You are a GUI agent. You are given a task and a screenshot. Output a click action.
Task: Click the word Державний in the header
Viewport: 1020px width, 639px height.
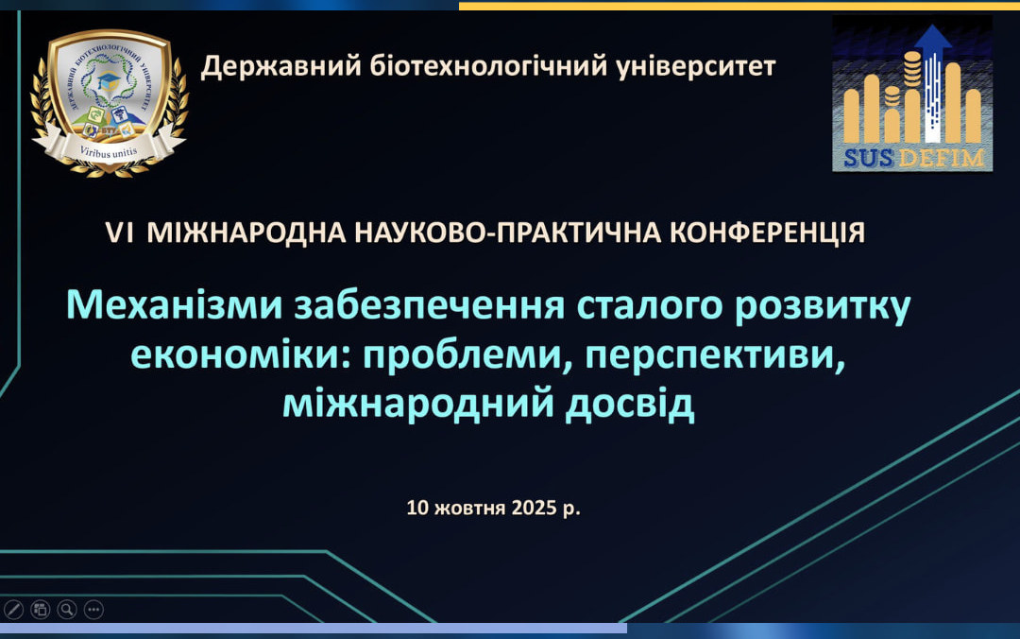pos(280,66)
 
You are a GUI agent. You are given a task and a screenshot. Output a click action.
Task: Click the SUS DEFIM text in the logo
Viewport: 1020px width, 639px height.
pos(913,158)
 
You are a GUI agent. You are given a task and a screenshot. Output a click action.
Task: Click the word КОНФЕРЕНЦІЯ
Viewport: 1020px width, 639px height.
pos(768,233)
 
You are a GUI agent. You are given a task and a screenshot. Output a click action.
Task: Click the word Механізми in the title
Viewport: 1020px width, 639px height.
pos(175,305)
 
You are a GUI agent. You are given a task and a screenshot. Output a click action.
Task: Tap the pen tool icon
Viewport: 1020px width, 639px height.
pos(13,610)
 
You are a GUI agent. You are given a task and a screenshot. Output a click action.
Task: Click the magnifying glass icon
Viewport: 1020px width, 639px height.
pos(67,610)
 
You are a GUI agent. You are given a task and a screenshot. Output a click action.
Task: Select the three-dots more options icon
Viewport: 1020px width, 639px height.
pos(93,610)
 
